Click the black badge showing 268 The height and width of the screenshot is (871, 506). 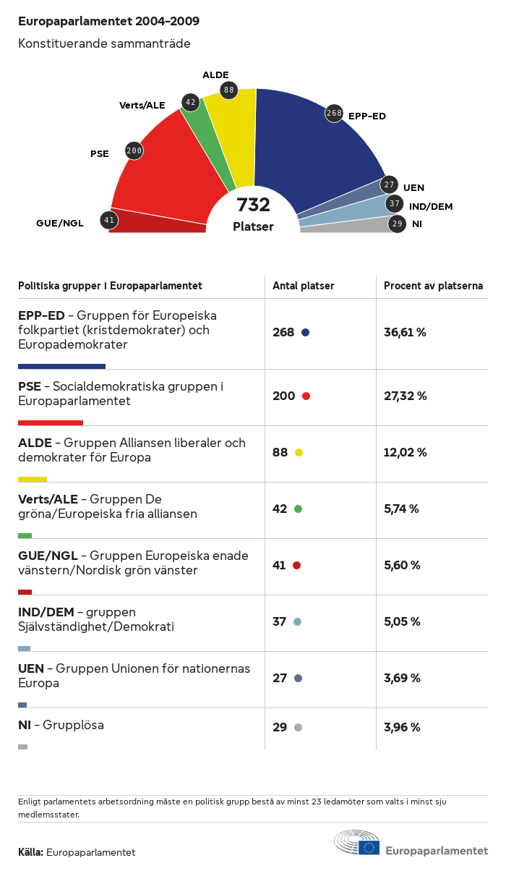tap(333, 114)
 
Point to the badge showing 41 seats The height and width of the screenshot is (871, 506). tap(109, 220)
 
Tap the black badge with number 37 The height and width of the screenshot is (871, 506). tap(394, 204)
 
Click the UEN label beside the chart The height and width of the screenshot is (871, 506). tap(413, 188)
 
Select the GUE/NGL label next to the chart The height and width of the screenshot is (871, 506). tap(60, 223)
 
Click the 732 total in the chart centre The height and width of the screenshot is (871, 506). tap(253, 205)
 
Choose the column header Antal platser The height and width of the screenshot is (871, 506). tap(304, 286)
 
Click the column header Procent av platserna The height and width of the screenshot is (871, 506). tap(433, 286)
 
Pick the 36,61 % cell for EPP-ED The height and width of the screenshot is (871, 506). tap(405, 333)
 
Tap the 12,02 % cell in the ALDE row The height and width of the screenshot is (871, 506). tap(405, 453)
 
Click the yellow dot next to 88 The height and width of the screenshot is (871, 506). tap(299, 453)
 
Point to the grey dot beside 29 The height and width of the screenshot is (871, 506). tap(298, 728)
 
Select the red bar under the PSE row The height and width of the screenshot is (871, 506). tap(51, 422)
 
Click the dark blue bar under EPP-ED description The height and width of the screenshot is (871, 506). tap(61, 366)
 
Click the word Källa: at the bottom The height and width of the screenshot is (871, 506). tap(31, 853)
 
